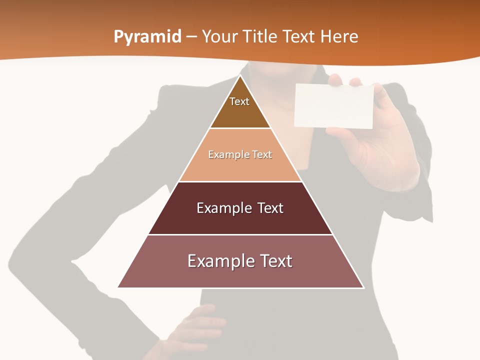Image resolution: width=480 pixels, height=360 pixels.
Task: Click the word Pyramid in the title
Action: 147,37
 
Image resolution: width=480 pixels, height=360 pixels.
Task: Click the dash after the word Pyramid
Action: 191,37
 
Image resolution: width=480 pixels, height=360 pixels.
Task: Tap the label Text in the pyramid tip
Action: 239,101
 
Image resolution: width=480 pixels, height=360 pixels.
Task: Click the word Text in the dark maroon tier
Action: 270,208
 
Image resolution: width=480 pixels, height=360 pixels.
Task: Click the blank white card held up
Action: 334,106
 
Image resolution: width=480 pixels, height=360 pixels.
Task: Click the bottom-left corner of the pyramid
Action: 118,287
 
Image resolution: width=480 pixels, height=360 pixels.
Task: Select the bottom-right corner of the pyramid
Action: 363,287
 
